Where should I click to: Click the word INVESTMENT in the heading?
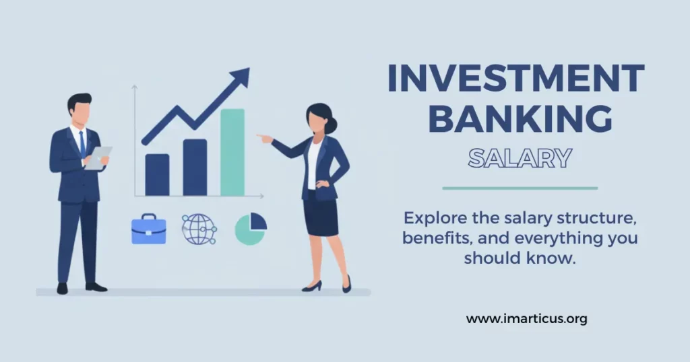pyautogui.click(x=516, y=79)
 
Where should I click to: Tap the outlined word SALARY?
pyautogui.click(x=520, y=158)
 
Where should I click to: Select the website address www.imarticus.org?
pyautogui.click(x=526, y=319)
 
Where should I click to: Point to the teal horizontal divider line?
pyautogui.click(x=520, y=188)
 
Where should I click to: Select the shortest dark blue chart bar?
pyautogui.click(x=157, y=174)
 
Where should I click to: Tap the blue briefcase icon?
pyautogui.click(x=148, y=229)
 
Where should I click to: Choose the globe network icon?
pyautogui.click(x=198, y=229)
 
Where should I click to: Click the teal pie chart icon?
pyautogui.click(x=251, y=229)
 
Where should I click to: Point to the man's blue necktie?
pyautogui.click(x=82, y=143)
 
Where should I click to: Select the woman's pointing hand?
pyautogui.click(x=263, y=138)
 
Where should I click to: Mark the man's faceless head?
pyautogui.click(x=80, y=108)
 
